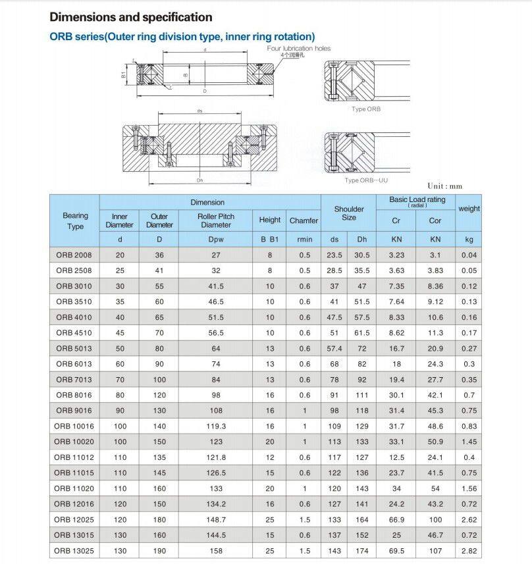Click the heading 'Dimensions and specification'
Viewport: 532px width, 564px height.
(x=131, y=17)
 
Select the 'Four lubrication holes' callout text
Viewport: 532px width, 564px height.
(x=299, y=49)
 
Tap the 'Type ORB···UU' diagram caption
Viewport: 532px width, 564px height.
(x=367, y=180)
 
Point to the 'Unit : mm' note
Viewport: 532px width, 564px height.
(x=445, y=186)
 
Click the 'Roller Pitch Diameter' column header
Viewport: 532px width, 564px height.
(x=216, y=220)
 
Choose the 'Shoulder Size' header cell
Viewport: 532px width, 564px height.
(x=349, y=213)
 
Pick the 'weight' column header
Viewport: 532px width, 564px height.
(x=469, y=209)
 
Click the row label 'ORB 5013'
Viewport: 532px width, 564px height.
(x=74, y=348)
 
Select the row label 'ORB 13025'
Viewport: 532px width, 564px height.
(x=74, y=551)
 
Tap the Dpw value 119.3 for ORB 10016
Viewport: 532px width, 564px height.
(x=216, y=426)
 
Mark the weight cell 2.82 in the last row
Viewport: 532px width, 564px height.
(x=469, y=551)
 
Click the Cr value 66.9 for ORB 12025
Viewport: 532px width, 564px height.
(x=397, y=519)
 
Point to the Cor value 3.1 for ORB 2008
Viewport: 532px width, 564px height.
(x=435, y=255)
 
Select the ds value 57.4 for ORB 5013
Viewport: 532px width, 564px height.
(x=334, y=348)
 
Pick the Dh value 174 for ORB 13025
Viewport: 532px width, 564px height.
(x=362, y=551)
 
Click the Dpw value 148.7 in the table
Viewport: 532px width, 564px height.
(x=216, y=519)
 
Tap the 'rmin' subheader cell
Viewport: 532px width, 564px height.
(x=304, y=240)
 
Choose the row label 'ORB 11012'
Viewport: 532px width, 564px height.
(x=74, y=457)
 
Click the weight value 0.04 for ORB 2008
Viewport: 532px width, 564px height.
(x=469, y=255)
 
